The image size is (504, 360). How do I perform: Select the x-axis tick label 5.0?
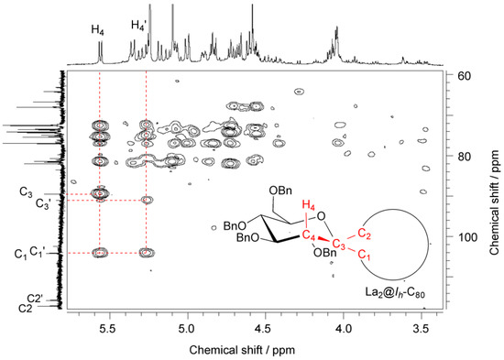(187, 324)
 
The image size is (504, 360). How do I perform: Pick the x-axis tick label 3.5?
(420, 324)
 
